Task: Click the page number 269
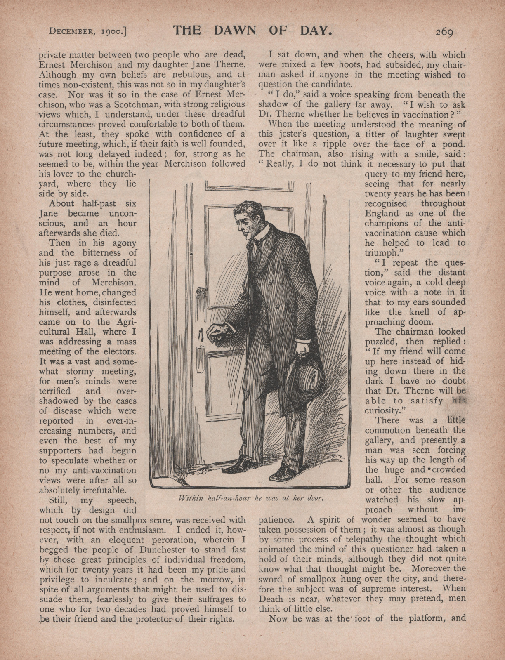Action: (x=444, y=32)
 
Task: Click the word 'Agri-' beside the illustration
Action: (x=123, y=322)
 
